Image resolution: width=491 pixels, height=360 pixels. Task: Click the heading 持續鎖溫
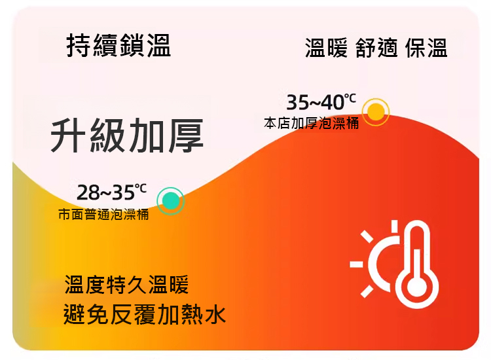click(x=118, y=46)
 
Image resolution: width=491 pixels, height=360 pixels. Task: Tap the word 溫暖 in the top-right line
click(x=327, y=48)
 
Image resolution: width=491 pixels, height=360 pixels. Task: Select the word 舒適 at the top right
click(x=376, y=48)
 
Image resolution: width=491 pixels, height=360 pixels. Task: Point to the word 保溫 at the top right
click(x=426, y=48)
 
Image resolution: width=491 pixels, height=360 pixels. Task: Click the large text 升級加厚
click(x=127, y=136)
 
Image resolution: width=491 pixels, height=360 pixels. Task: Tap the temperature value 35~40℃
click(x=321, y=102)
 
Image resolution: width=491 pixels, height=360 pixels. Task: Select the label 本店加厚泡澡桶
click(x=311, y=123)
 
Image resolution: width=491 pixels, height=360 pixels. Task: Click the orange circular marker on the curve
click(x=376, y=112)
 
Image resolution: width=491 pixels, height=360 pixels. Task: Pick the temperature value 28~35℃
click(x=111, y=192)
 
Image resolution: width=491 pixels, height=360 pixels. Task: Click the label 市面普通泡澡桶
click(x=103, y=215)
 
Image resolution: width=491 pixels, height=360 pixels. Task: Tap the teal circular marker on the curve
click(x=171, y=201)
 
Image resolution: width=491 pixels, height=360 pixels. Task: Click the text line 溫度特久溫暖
click(x=126, y=285)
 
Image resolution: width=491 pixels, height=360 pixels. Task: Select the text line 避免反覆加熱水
click(x=145, y=314)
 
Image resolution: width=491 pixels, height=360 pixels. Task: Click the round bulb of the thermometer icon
click(x=417, y=287)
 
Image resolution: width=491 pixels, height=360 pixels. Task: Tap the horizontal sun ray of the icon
click(x=356, y=264)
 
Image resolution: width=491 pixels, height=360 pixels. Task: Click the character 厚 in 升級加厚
click(x=186, y=136)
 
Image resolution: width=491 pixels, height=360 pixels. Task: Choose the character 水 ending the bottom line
click(x=215, y=314)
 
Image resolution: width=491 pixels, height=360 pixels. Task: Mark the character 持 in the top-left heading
click(x=79, y=46)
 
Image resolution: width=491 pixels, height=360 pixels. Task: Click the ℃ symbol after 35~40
click(x=350, y=98)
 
